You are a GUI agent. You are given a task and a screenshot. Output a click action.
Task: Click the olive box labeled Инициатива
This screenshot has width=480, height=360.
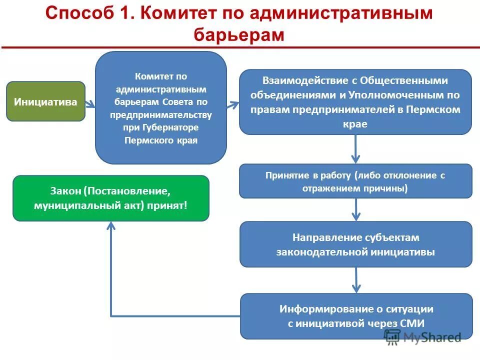[x=45, y=101]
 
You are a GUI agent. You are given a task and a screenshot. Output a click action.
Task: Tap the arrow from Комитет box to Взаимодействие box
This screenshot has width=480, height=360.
[x=233, y=105]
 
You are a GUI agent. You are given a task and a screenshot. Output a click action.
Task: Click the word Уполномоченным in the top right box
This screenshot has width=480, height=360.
[x=400, y=95]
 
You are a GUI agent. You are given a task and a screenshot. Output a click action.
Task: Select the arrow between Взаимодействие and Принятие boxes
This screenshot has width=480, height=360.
[x=355, y=149]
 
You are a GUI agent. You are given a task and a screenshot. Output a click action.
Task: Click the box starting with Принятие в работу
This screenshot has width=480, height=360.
[x=355, y=181]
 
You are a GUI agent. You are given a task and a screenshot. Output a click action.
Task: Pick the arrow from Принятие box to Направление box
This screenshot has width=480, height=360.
[x=355, y=209]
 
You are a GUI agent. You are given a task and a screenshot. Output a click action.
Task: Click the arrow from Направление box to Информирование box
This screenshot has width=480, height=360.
[x=355, y=280]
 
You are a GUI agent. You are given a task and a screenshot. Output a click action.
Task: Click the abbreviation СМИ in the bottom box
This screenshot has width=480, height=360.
[x=412, y=323]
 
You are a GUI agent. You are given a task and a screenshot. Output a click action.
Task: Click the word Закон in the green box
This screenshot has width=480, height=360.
[x=65, y=191]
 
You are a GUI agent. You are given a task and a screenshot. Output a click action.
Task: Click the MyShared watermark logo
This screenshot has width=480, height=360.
[x=423, y=337]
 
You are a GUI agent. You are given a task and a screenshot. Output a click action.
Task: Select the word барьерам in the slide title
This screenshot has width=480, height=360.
[x=238, y=35]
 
